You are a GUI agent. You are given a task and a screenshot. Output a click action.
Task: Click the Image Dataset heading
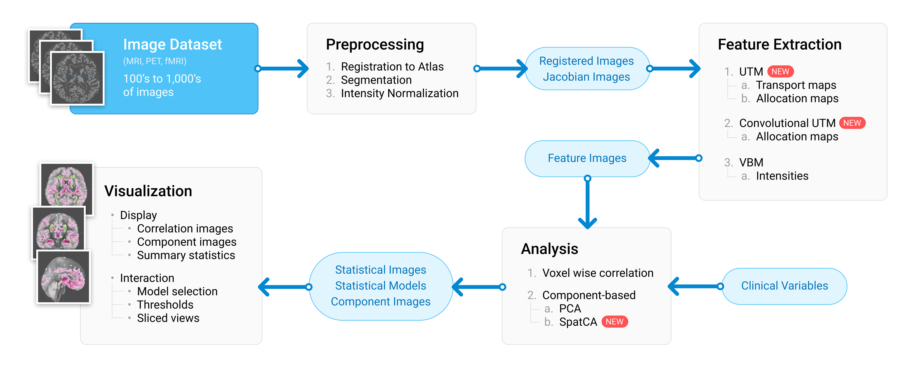click(172, 44)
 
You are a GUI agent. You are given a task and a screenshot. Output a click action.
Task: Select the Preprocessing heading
click(375, 44)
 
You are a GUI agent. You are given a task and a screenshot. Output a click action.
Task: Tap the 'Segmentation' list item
click(376, 80)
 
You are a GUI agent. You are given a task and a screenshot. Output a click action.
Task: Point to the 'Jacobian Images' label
click(586, 77)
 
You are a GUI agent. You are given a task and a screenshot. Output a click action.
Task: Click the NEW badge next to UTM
click(780, 72)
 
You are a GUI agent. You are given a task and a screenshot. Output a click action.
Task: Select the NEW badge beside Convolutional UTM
click(852, 123)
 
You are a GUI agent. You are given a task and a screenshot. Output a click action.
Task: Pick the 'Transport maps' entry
click(796, 85)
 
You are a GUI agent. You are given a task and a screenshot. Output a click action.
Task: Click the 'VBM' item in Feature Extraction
click(751, 163)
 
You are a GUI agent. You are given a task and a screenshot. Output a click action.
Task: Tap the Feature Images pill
click(587, 158)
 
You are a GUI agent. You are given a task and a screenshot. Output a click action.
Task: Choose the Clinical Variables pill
click(784, 286)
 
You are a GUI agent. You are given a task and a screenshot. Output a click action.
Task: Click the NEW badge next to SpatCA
click(614, 322)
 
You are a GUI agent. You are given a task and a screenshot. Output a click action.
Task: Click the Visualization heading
click(148, 191)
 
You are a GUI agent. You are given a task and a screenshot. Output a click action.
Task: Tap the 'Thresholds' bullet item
click(165, 305)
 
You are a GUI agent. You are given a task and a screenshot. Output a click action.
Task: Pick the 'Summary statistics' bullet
click(186, 255)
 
